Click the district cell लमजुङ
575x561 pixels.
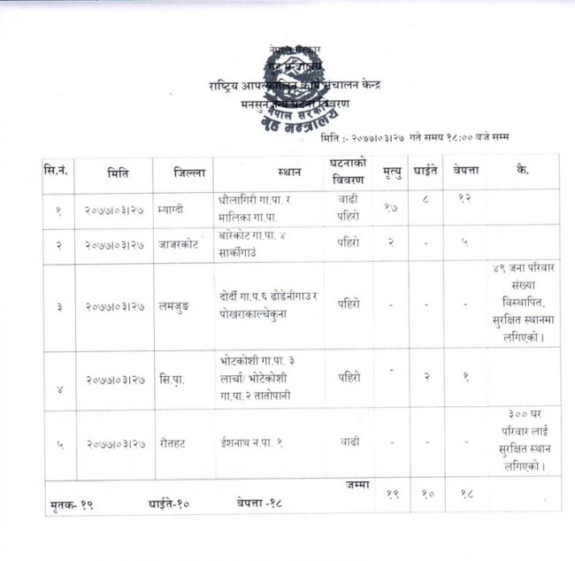[x=176, y=306]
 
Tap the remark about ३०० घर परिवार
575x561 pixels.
[x=524, y=440]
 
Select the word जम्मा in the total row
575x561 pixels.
[x=357, y=485]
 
